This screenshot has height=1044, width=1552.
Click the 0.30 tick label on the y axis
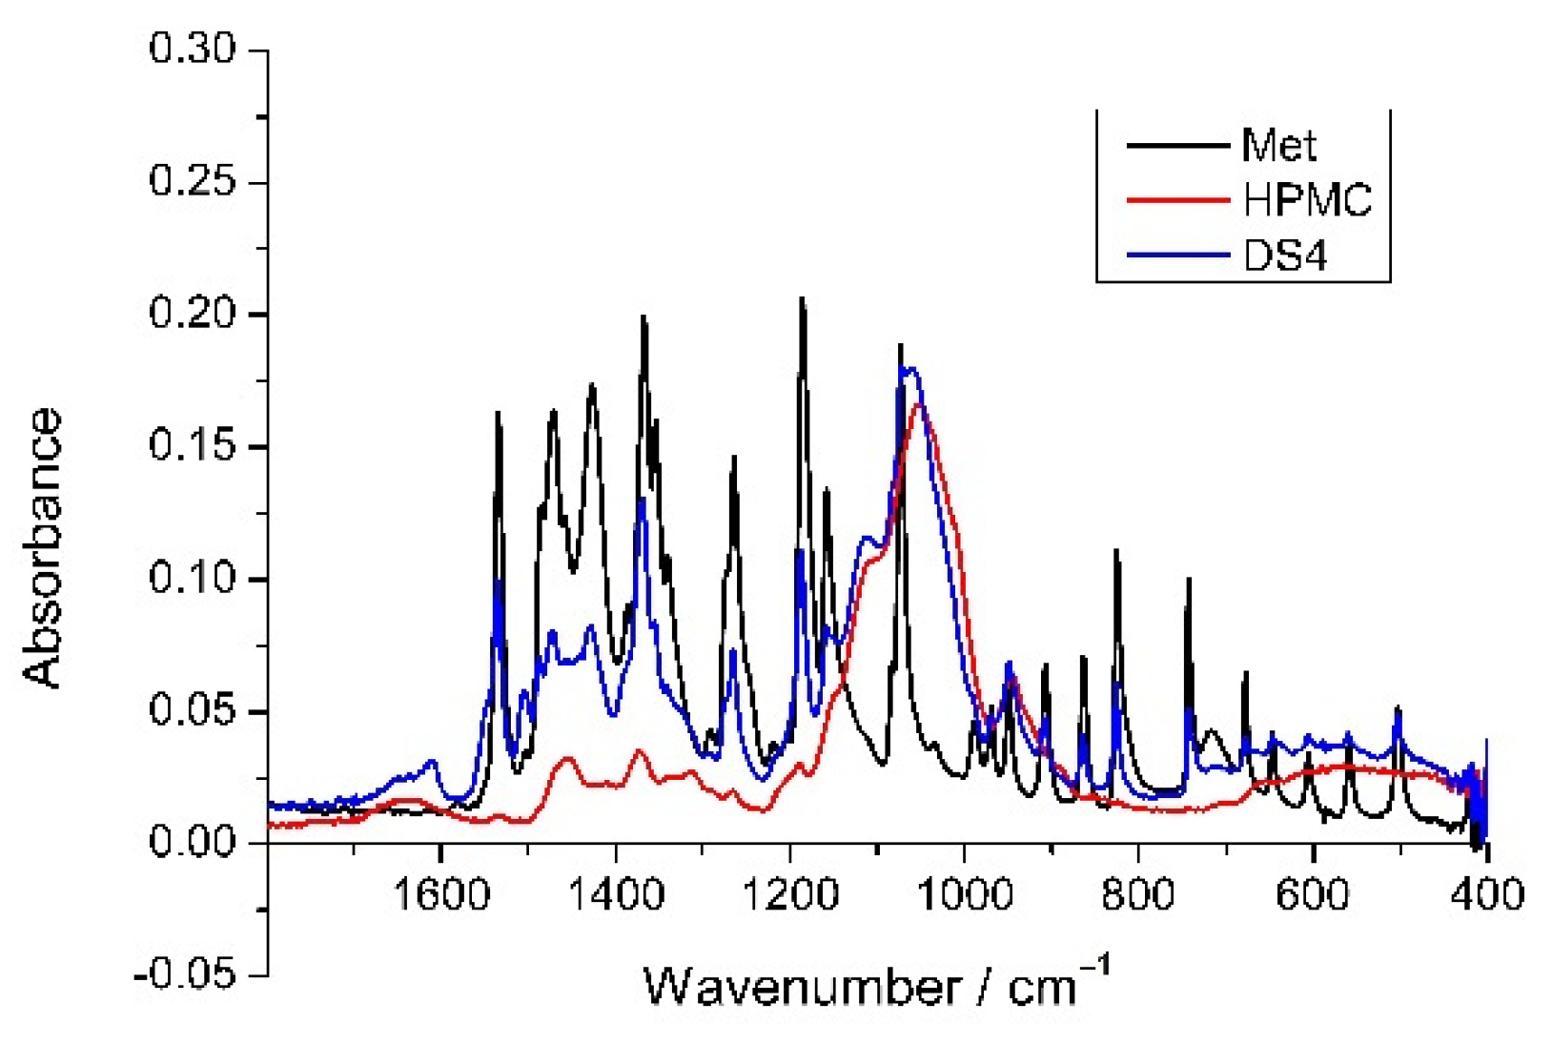click(x=192, y=50)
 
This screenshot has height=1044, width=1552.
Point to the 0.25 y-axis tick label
click(x=192, y=182)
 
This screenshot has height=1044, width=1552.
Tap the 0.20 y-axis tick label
click(x=192, y=315)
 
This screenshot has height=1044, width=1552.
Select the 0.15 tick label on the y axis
click(x=192, y=447)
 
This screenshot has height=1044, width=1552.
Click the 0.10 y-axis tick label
click(x=192, y=580)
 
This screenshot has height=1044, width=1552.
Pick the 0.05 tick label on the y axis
click(x=192, y=712)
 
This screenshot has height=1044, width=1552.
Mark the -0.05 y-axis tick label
click(x=186, y=976)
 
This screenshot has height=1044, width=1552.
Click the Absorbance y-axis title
click(x=44, y=548)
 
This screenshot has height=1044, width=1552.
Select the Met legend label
click(x=1278, y=146)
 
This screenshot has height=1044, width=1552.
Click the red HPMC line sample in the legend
click(x=1178, y=200)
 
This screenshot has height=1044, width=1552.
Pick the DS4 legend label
click(x=1285, y=256)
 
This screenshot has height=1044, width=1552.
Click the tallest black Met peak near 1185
click(x=802, y=299)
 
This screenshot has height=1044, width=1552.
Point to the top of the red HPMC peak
click(x=918, y=404)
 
